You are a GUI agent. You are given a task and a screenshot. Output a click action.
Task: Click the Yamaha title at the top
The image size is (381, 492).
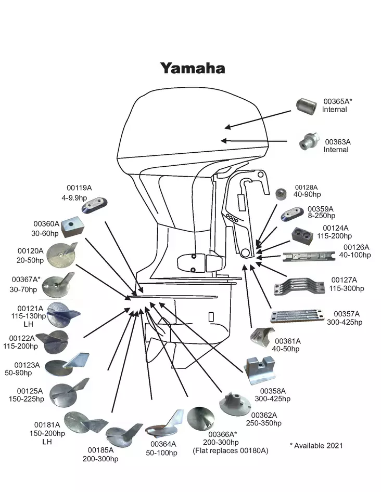click(x=193, y=68)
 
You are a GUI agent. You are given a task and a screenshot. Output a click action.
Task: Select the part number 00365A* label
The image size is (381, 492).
click(x=338, y=101)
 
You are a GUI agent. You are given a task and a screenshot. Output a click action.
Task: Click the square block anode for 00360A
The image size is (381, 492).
click(x=71, y=225)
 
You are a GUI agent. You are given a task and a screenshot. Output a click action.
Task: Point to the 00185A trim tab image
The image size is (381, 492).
click(x=124, y=433)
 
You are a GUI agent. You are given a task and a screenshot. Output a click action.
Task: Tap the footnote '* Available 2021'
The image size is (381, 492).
click(x=316, y=445)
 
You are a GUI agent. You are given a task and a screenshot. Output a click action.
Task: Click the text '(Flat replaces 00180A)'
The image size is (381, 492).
click(x=230, y=450)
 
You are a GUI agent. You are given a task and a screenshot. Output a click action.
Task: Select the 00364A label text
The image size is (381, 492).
click(x=163, y=444)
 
